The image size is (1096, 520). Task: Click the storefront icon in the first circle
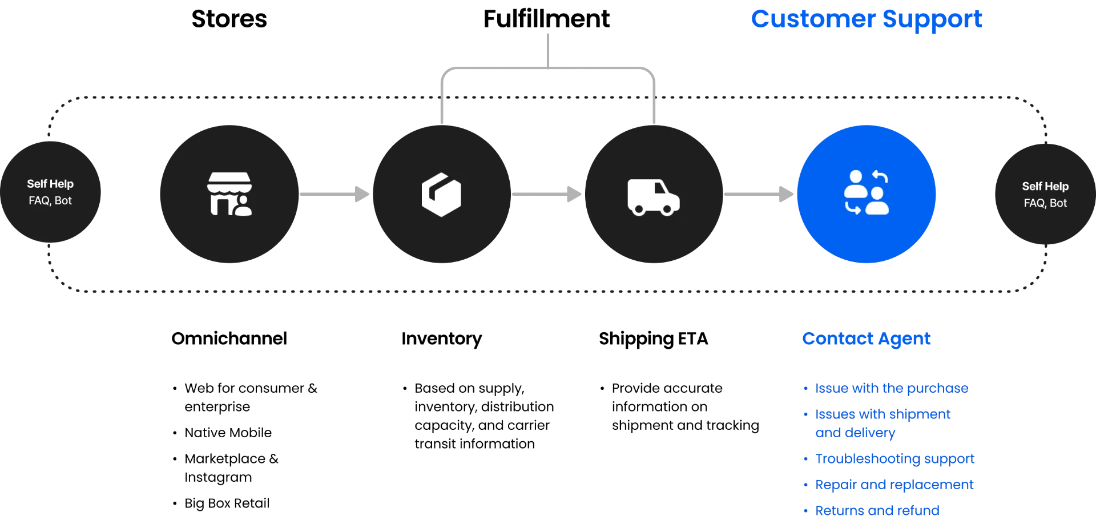click(x=229, y=194)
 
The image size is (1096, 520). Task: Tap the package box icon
click(x=441, y=195)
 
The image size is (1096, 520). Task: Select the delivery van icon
click(x=654, y=197)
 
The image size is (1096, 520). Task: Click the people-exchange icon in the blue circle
click(x=866, y=192)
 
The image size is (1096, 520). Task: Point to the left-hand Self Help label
click(x=50, y=184)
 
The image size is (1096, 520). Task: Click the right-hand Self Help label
click(x=1045, y=186)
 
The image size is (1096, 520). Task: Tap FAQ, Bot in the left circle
click(x=50, y=201)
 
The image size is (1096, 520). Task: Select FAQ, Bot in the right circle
click(x=1045, y=203)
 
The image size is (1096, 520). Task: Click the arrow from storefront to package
click(x=336, y=194)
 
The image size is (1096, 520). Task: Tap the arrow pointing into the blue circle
click(x=759, y=194)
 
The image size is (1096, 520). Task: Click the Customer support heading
click(x=867, y=19)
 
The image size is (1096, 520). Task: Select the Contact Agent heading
click(x=866, y=338)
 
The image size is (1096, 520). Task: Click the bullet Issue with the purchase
click(x=892, y=388)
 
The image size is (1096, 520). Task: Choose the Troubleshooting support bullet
click(x=895, y=459)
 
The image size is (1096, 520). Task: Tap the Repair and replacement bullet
click(x=894, y=485)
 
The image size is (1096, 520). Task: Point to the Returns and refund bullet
click(x=877, y=510)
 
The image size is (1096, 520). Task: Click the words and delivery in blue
click(x=855, y=433)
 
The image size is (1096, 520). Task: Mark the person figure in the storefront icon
click(x=243, y=206)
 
